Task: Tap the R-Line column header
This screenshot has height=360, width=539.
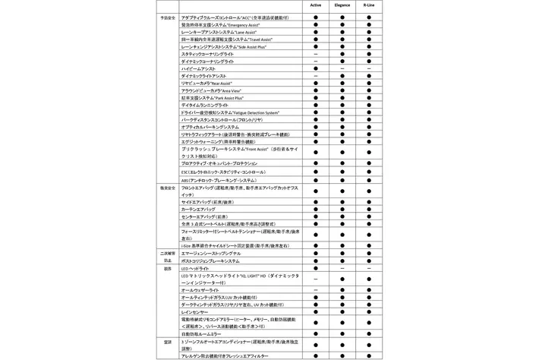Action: (368, 5)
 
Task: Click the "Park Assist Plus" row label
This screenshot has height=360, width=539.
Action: (208, 97)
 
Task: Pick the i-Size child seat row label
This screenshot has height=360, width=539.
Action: (234, 246)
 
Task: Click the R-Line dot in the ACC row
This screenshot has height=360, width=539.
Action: (368, 17)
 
